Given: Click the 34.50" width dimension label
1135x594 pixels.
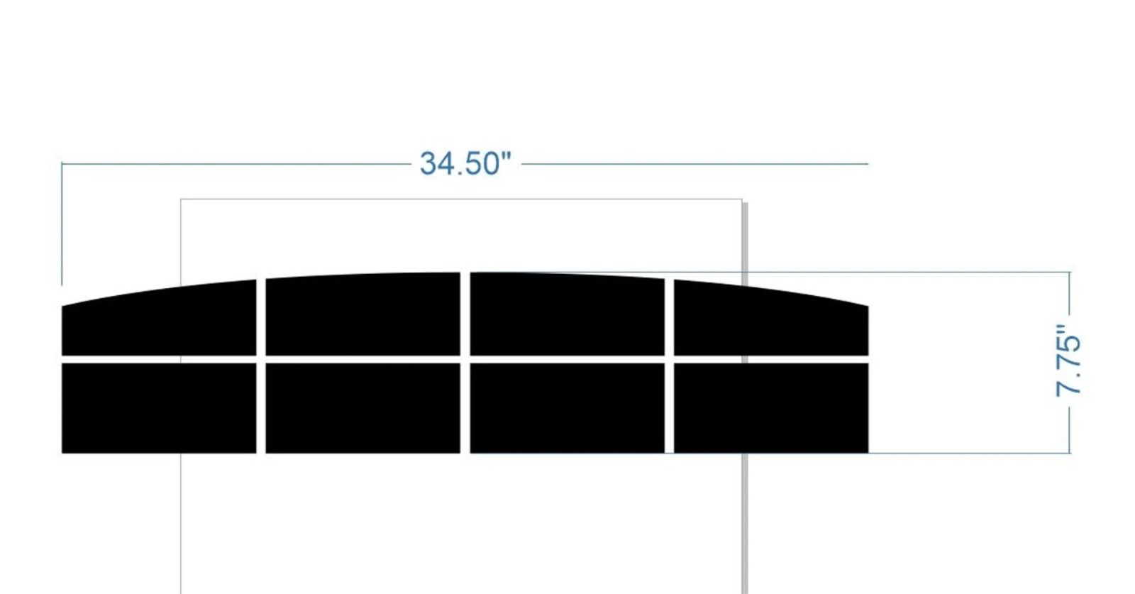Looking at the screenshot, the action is (x=465, y=164).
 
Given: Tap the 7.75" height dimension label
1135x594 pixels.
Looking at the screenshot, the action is (x=1068, y=361).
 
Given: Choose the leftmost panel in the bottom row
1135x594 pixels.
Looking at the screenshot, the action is (x=159, y=408).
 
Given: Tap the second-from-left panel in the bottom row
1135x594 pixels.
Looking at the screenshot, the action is (x=362, y=408).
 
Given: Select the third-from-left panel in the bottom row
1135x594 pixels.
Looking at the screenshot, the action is (x=567, y=408).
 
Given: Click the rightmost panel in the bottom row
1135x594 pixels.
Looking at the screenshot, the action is (x=770, y=408).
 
